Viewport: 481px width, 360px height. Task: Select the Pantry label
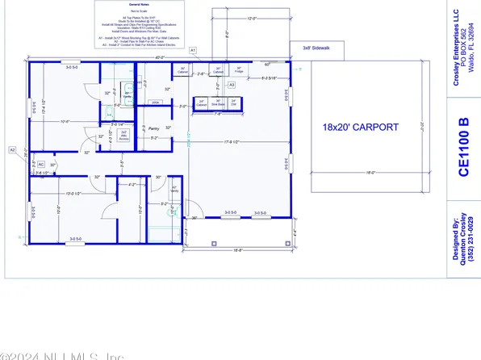(152, 128)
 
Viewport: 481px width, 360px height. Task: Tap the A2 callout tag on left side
(12, 149)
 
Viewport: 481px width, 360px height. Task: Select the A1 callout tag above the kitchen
(193, 50)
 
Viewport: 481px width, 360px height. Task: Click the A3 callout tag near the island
(231, 84)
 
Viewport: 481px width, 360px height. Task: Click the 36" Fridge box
(239, 70)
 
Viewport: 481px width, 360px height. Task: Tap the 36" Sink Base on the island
(217, 103)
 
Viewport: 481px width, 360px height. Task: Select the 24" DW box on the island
(234, 103)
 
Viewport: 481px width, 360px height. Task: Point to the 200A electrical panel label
(156, 103)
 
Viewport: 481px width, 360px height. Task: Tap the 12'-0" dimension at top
(234, 17)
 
